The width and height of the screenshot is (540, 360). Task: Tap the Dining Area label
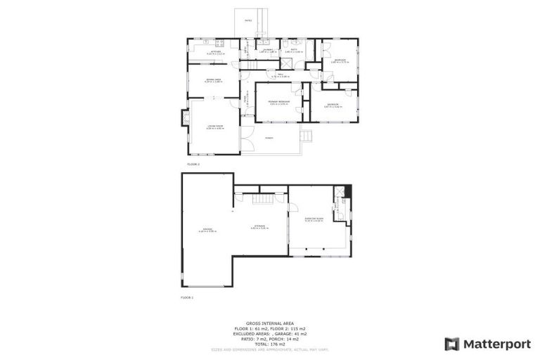(x=214, y=79)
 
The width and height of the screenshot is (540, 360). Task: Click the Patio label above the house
(x=247, y=20)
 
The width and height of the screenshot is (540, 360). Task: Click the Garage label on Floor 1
(x=207, y=229)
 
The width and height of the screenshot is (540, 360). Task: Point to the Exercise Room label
(x=314, y=219)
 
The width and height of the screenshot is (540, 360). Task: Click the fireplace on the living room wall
(x=186, y=117)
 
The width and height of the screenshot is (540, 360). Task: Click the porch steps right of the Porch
(x=304, y=136)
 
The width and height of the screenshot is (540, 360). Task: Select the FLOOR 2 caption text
(x=193, y=164)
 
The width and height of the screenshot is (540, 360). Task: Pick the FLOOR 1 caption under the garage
(x=187, y=297)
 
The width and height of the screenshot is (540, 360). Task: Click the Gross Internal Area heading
(x=269, y=323)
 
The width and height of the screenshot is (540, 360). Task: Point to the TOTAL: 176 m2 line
(x=269, y=342)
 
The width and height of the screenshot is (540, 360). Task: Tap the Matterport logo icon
(x=452, y=344)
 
